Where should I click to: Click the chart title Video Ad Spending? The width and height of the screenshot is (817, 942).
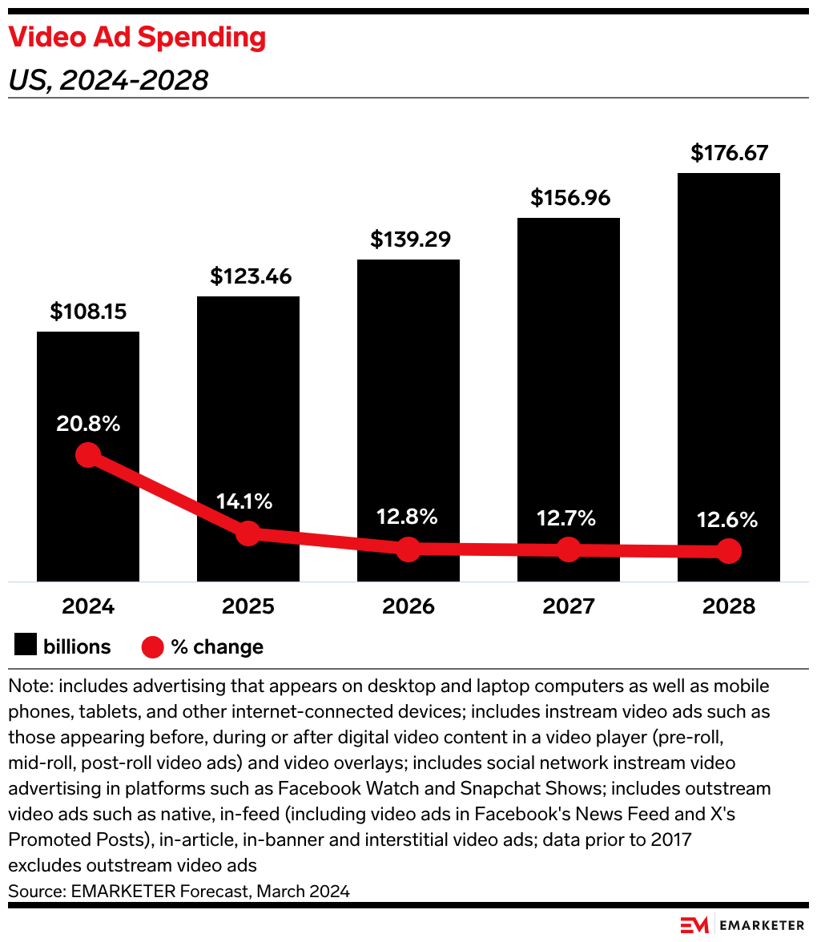point(137,38)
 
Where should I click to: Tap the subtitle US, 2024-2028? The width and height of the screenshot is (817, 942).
point(108,80)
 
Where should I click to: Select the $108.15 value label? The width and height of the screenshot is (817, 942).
point(88,312)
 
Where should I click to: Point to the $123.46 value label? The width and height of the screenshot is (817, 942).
point(248,276)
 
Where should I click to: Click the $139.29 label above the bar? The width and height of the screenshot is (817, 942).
point(408,240)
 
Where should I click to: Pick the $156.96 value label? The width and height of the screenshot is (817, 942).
point(569,198)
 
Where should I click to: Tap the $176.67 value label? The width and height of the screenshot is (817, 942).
point(729,153)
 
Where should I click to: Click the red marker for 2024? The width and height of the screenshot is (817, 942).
point(88,455)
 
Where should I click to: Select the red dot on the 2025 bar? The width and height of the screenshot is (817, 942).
point(248,533)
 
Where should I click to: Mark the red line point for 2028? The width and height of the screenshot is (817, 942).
point(729,551)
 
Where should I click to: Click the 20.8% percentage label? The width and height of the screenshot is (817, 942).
point(88,424)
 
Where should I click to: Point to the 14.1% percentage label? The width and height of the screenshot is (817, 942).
point(244,502)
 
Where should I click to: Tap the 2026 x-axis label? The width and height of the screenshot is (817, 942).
point(408,606)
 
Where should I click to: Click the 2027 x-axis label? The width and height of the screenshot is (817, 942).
point(569,606)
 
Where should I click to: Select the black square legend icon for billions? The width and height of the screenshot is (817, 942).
point(26,646)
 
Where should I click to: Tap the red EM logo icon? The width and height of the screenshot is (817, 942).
point(694,924)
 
